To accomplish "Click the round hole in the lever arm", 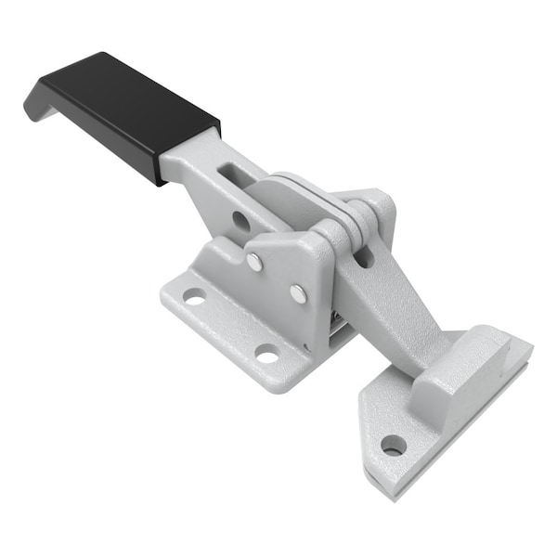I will pyautogui.click(x=240, y=221).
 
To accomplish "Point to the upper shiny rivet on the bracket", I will pyautogui.click(x=254, y=263).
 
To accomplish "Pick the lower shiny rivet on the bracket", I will pyautogui.click(x=297, y=293).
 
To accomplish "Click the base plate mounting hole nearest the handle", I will pyautogui.click(x=194, y=297).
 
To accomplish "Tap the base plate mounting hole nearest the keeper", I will pyautogui.click(x=267, y=354).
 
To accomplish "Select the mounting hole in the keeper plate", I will pyautogui.click(x=394, y=445).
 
